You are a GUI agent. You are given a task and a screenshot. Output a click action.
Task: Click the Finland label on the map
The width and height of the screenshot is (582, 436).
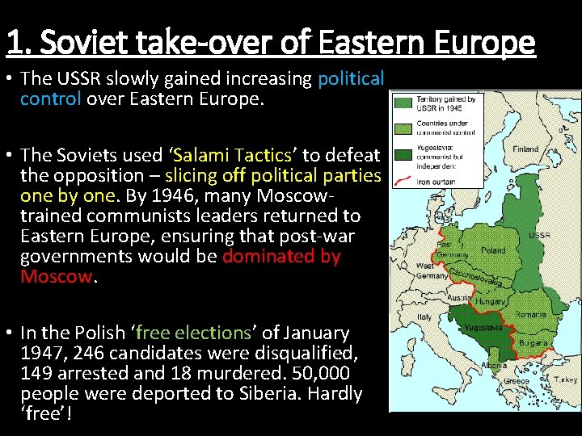525,149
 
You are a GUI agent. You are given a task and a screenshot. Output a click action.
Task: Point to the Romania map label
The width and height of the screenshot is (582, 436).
530,313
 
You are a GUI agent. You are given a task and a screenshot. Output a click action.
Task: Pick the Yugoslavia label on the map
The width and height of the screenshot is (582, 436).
483,327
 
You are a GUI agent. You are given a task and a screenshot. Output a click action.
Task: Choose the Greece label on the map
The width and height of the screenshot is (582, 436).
516,381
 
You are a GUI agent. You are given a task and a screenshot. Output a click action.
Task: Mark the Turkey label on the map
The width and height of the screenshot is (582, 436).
566,378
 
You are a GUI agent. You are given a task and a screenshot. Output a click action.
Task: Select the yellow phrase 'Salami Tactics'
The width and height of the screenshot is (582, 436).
232,155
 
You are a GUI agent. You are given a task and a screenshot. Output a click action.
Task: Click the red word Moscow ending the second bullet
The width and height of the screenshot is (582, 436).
57,276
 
